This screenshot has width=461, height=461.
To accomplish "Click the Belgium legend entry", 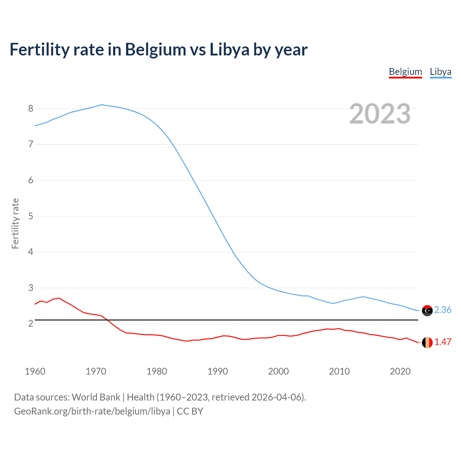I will (405, 72).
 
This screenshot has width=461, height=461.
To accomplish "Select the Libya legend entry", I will (440, 72).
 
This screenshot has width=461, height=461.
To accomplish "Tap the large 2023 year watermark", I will (380, 114).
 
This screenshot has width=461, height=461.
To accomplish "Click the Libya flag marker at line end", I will (427, 310).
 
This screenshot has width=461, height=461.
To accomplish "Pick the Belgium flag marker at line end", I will (427, 343).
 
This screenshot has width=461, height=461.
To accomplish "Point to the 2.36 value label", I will (443, 310).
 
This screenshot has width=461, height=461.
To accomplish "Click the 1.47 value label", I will (443, 342).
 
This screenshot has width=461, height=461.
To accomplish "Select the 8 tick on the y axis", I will (31, 108).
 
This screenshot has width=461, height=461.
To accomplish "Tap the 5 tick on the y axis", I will (31, 216).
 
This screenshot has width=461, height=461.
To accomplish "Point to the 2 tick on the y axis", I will (31, 323).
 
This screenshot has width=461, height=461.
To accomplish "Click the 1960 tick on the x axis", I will (35, 371).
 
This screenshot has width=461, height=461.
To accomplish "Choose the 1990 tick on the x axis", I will (218, 371).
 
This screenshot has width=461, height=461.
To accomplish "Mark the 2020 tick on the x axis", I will (400, 371).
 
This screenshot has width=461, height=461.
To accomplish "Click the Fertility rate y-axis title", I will (15, 223).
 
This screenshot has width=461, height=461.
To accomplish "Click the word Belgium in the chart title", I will (155, 50).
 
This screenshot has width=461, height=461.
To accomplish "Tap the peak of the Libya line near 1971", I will (102, 105).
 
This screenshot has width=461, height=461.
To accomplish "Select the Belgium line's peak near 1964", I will (59, 298).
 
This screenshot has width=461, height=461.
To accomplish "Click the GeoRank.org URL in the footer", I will (92, 411).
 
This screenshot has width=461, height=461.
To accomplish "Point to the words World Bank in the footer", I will (96, 397).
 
